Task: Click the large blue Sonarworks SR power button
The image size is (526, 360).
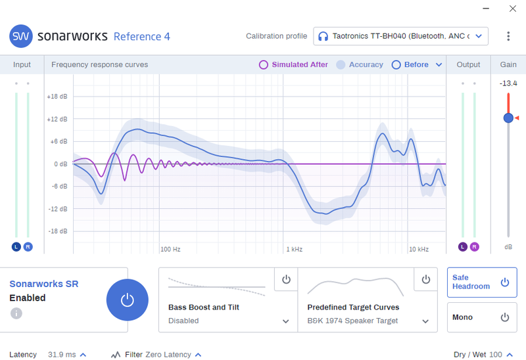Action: (127, 300)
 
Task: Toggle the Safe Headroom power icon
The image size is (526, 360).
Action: (504, 282)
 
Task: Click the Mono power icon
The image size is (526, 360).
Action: (504, 317)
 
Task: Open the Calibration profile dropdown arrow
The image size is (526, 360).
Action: (479, 36)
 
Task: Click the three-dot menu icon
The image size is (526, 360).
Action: (508, 36)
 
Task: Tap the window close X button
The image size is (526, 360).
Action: (513, 9)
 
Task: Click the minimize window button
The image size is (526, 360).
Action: (486, 9)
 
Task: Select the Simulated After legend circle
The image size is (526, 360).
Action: (264, 64)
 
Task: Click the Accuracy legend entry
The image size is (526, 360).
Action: (360, 64)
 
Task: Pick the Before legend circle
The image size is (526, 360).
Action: (396, 64)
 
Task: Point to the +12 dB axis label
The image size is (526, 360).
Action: (57, 119)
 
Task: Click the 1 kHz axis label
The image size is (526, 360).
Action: (294, 250)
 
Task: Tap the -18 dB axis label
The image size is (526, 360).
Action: (58, 231)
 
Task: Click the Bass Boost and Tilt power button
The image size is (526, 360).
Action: (286, 279)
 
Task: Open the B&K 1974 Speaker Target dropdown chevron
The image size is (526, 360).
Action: (425, 321)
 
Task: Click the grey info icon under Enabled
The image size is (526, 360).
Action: (16, 313)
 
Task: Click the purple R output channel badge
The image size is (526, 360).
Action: (474, 247)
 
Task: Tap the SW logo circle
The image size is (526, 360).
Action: (21, 36)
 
